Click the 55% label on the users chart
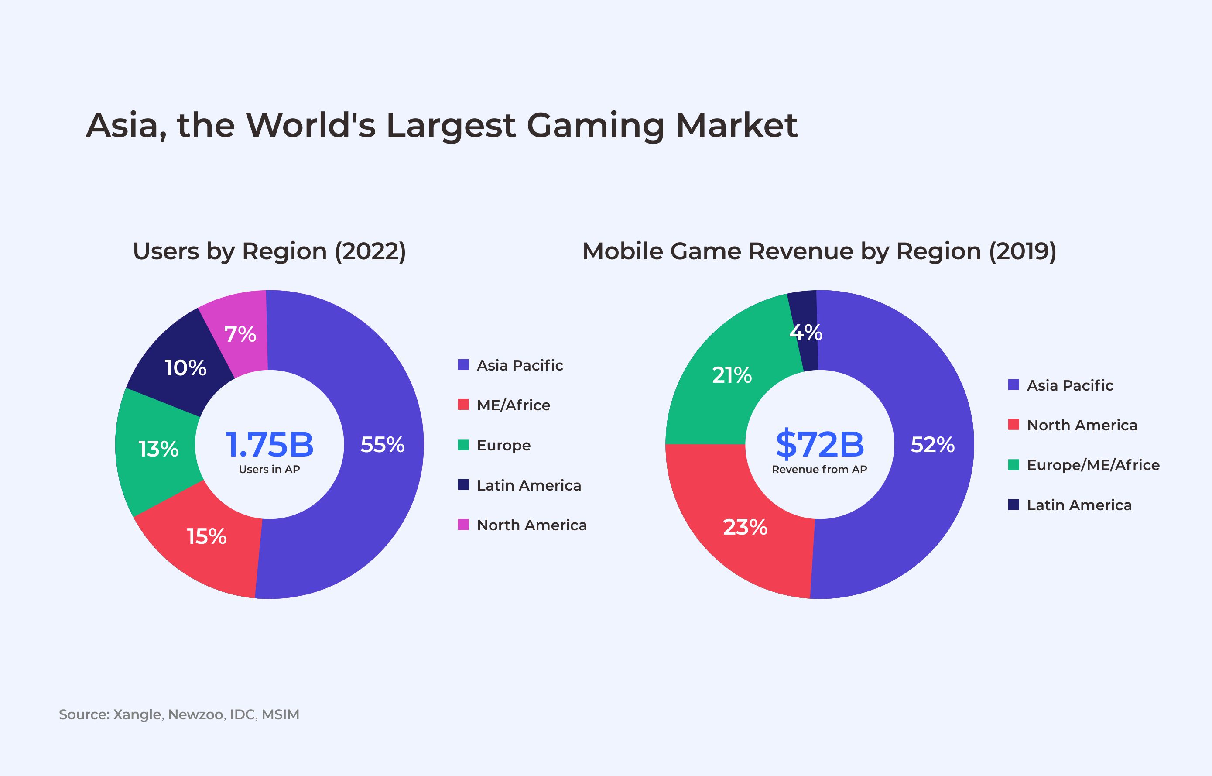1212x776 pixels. point(382,445)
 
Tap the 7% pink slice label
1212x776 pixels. point(240,334)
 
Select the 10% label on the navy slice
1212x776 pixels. point(185,368)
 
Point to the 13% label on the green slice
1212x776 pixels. point(158,449)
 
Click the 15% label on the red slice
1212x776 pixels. point(206,537)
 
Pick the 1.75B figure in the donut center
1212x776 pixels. point(269,444)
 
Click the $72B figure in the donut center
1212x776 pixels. point(820,444)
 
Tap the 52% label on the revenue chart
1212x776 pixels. point(932,445)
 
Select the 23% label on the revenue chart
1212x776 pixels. point(745,528)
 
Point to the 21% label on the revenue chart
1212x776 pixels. point(731,375)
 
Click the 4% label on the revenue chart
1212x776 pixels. point(805,333)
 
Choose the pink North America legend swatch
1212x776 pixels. point(463,525)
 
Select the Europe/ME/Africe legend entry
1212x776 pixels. point(1092,465)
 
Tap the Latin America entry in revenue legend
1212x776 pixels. point(1078,505)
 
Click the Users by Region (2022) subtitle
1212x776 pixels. point(269,251)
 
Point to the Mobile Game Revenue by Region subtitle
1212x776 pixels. point(819,251)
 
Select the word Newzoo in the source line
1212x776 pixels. point(196,714)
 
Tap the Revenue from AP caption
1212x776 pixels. point(819,470)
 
